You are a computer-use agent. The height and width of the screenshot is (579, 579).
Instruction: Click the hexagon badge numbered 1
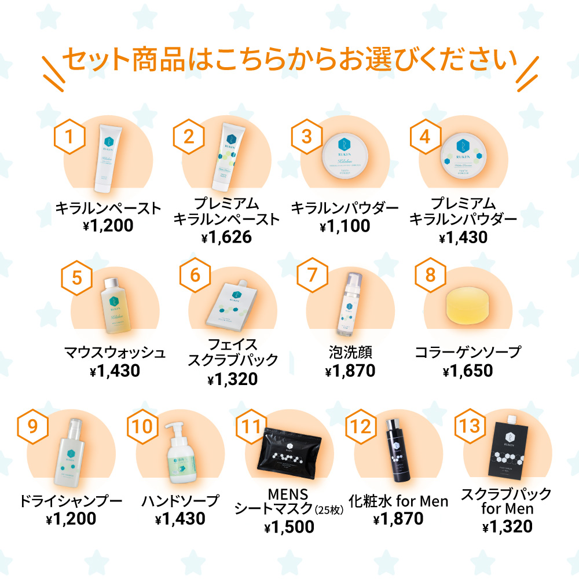pos(69,138)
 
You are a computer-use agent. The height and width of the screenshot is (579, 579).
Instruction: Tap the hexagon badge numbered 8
pos(430,274)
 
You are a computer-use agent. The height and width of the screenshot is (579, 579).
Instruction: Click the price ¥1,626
pos(227,237)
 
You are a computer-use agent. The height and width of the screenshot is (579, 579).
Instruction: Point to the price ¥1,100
pos(345,226)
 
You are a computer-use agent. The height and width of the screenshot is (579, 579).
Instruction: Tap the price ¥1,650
pos(468,371)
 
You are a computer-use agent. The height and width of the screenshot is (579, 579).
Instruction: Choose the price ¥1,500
pos(289,527)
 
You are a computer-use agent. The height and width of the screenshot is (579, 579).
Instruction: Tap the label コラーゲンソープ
pos(468,351)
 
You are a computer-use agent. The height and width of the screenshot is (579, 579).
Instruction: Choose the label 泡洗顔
pos(349,351)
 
